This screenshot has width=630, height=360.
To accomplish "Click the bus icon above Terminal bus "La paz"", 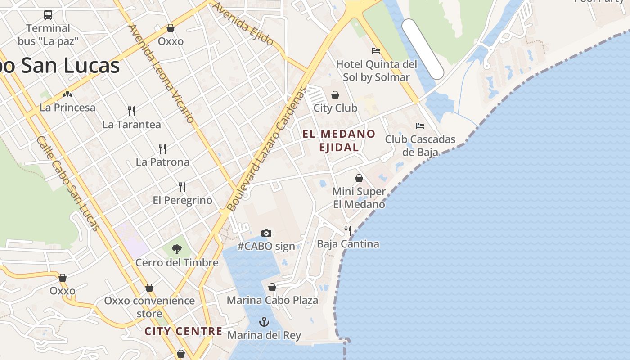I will coord(48,15).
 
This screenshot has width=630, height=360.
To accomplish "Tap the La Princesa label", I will coord(67,108).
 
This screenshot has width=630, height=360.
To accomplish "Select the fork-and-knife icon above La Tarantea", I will coord(131,111).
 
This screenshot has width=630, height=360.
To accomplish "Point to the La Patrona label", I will coord(162,162).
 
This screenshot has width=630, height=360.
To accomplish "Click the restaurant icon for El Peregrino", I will coord(182,187).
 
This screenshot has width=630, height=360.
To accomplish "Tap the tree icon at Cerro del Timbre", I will coord(177,249).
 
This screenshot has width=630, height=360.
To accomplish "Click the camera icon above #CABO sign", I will coord(266,233).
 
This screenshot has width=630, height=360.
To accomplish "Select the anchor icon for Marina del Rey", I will coord(264,322).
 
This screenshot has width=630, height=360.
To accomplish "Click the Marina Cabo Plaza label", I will coord(272,300).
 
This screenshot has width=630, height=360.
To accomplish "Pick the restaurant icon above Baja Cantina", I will coord(348,231).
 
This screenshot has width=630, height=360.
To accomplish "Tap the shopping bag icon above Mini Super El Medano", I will coord(359,178).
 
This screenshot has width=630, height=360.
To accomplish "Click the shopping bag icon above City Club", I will coord(335,95).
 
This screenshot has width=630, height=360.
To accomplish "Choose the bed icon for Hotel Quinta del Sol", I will coord(376,50).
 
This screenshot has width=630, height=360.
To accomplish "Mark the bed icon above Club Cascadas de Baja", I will coord(420,126).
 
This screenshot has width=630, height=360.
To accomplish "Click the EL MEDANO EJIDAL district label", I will coord(339,140).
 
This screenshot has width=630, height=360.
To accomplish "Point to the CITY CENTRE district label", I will coord(184,332).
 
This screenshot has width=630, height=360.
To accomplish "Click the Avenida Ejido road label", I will coord(243,24).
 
